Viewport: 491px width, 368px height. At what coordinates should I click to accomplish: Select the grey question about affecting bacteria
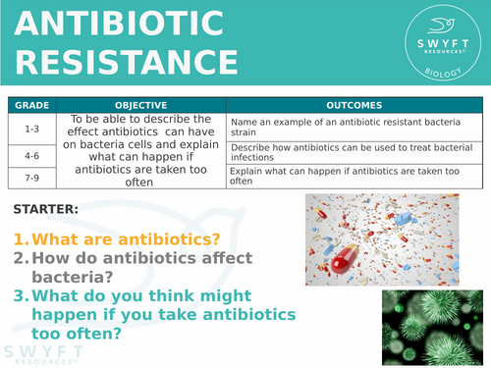pos(128,267)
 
